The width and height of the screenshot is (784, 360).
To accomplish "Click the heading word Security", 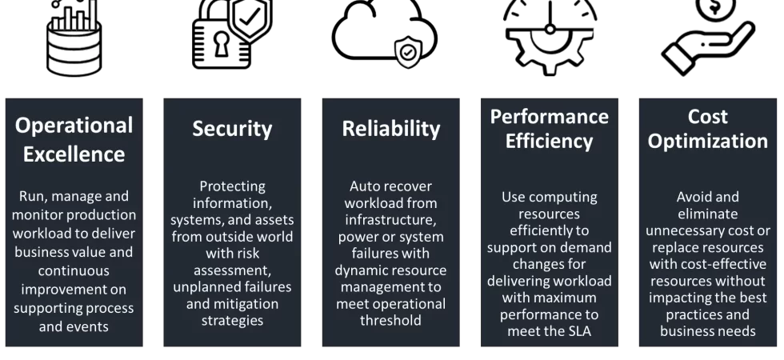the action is tap(232, 129).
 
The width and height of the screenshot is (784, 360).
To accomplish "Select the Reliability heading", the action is tap(391, 129).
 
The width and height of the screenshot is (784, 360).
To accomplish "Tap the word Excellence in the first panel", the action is tap(74, 154).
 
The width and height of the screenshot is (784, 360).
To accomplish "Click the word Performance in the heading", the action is tap(549, 117).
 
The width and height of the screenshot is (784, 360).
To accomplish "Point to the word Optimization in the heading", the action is tap(707, 142).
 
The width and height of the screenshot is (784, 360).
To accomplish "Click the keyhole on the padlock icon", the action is tap(221, 45).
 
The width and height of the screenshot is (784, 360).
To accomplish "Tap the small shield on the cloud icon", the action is tap(408, 52).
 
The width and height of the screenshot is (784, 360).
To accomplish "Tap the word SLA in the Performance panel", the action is tap(577, 331).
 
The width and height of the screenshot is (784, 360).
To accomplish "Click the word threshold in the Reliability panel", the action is tap(390, 321).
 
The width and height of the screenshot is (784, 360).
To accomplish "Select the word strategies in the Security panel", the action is tap(232, 321).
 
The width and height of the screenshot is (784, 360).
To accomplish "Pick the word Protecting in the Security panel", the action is tap(232, 186).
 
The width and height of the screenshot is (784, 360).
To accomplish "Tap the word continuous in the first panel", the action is tap(74, 271).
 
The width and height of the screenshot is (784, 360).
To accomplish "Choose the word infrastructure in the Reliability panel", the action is tap(390, 220).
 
